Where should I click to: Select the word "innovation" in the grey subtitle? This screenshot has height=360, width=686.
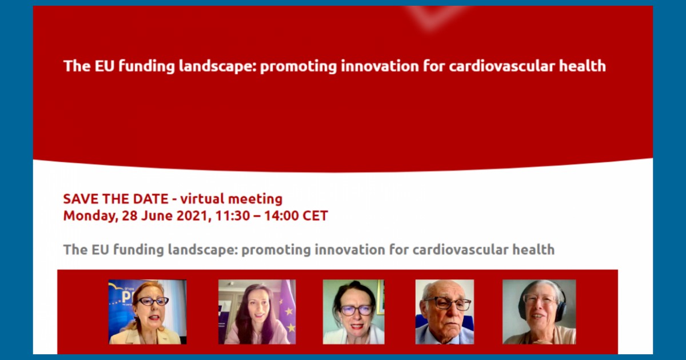coord(349,250)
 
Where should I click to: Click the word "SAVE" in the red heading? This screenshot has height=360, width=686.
coord(81,199)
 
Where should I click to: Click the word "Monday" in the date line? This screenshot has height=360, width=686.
coord(90,216)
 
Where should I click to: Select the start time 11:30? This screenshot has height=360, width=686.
coord(233,216)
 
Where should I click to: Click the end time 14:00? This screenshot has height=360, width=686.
coord(281,216)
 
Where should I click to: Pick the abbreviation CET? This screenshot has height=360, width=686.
coord(316,216)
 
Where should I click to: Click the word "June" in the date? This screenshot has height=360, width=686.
coord(157,216)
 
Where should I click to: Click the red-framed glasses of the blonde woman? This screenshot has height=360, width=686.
coord(151,301)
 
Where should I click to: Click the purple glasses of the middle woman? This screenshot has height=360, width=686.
coord(357,310)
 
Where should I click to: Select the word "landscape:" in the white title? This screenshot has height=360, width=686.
coord(217,67)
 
